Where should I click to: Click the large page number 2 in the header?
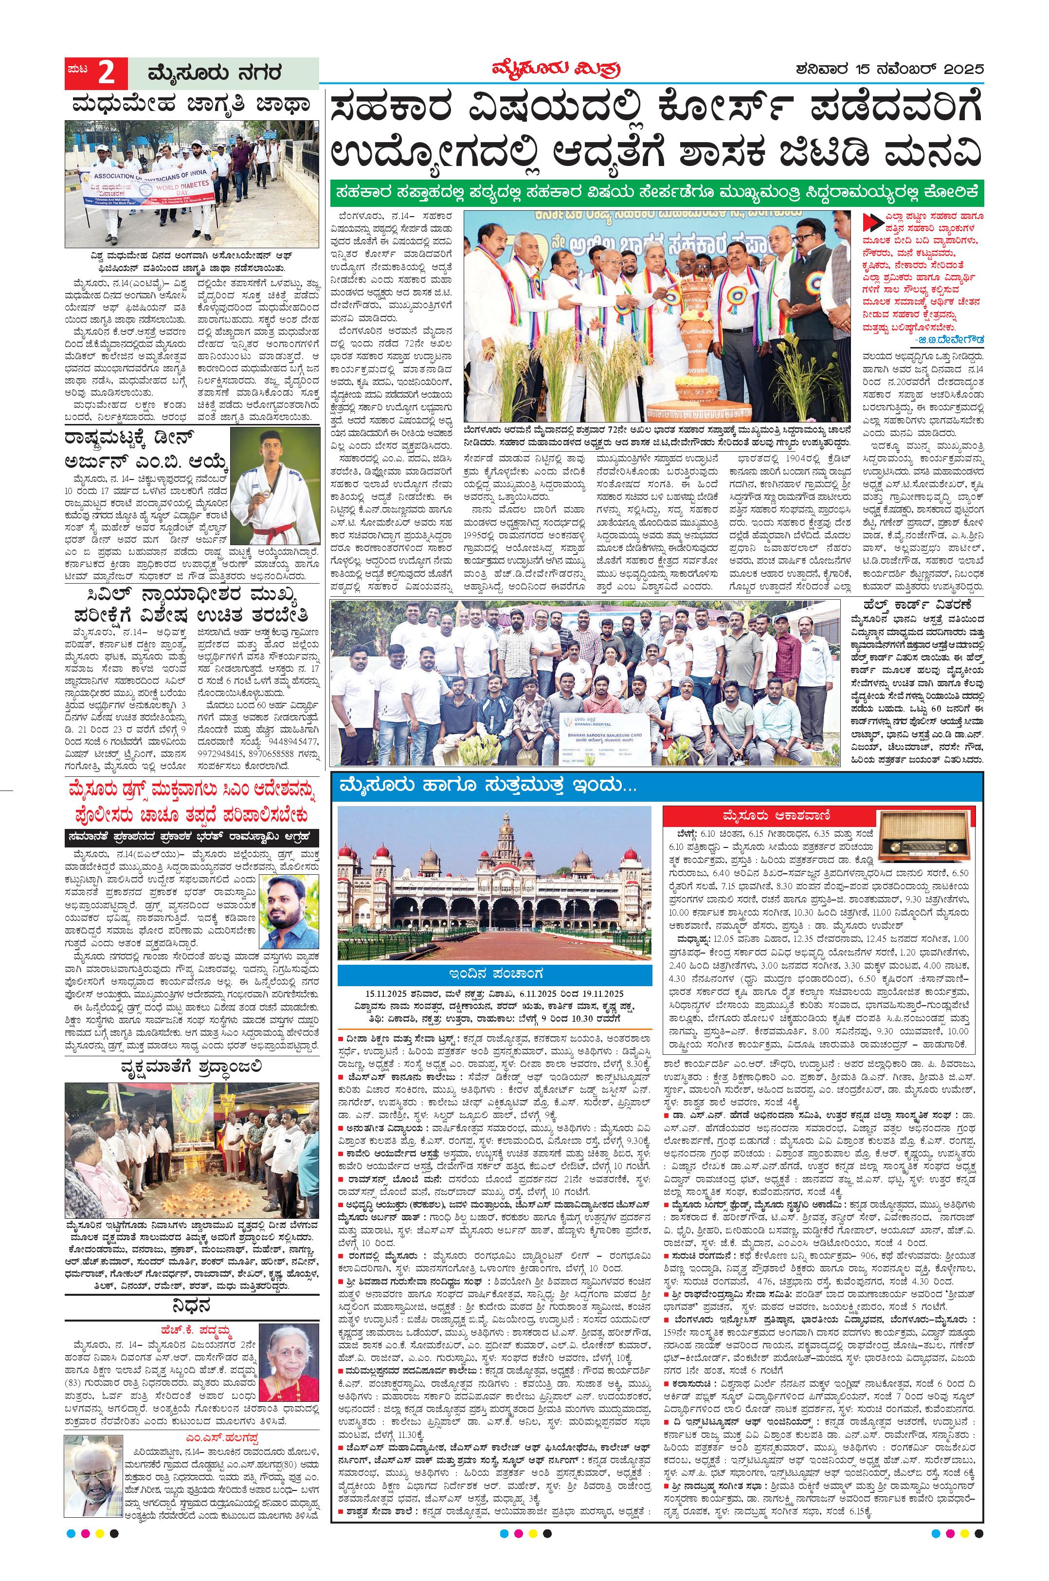click(x=107, y=73)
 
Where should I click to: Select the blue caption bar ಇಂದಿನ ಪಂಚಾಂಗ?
click(x=494, y=973)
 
